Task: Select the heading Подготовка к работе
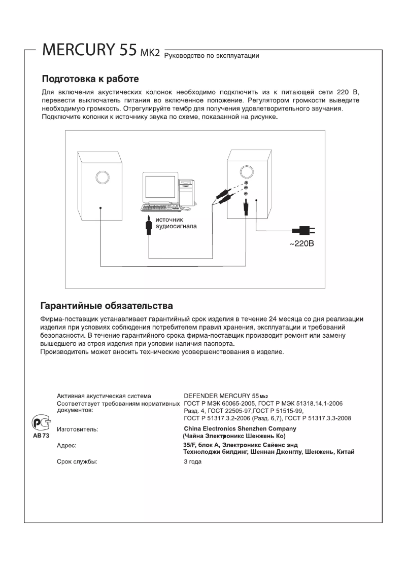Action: (90, 80)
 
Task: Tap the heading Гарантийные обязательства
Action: (107, 306)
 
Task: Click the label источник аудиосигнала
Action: (176, 223)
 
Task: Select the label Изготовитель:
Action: (77, 429)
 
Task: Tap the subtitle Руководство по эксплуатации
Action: (213, 56)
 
